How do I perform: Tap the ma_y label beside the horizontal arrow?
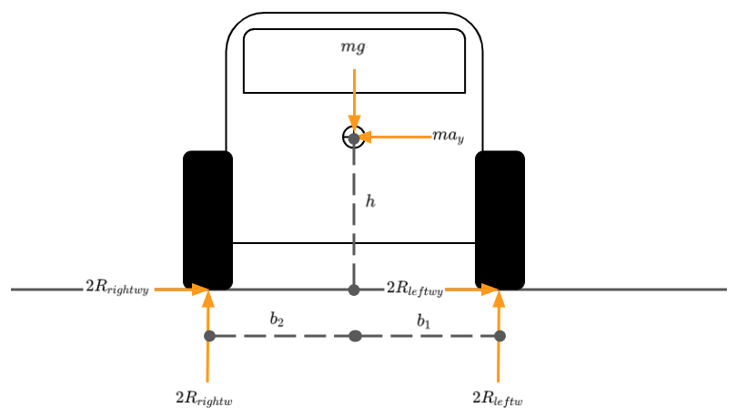coord(448,137)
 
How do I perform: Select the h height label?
coord(369,201)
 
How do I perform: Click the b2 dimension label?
coord(278,320)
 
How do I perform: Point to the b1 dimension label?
coord(424,320)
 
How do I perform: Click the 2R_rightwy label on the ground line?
coord(116,288)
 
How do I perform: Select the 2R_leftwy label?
coord(415,289)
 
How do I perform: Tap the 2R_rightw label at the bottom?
coord(204,398)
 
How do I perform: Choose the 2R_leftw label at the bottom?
coord(497,398)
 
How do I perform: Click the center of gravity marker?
coord(354,137)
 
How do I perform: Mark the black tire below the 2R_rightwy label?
coord(208,219)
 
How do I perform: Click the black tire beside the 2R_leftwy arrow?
coord(500,219)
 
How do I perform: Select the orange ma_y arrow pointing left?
coord(397,137)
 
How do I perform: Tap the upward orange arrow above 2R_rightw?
coord(208,337)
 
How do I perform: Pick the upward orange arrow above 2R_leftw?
coord(499,337)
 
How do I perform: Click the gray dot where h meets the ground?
coord(354,290)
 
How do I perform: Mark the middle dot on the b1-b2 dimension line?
coord(355,336)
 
